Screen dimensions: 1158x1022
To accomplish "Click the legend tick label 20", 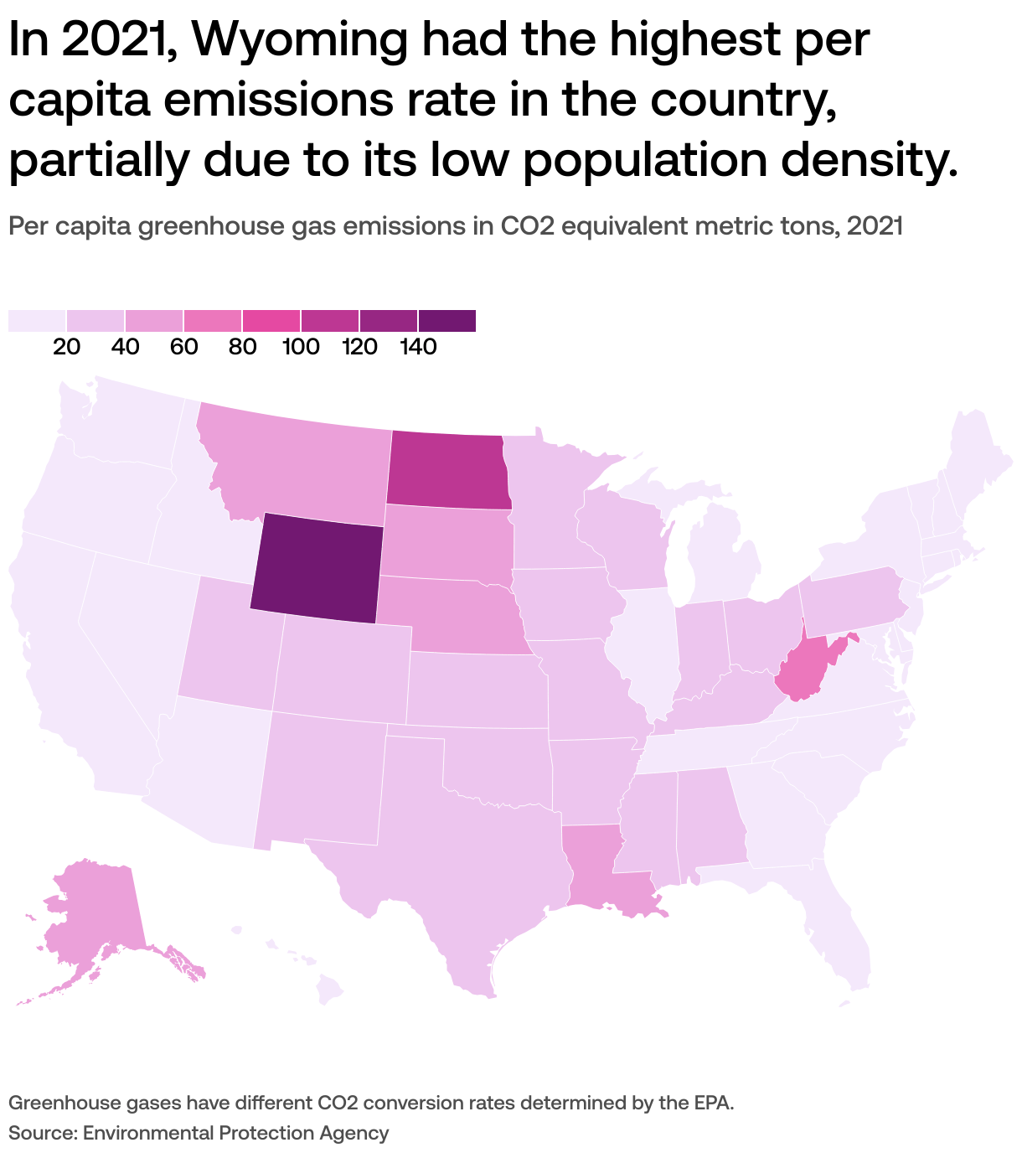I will click(x=66, y=347).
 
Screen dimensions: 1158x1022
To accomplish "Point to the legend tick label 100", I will click(x=301, y=347).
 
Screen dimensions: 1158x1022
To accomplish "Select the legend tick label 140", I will click(x=418, y=347).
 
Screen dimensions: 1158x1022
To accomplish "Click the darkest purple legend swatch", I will click(x=447, y=321).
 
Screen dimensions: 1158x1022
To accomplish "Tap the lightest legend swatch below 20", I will click(x=37, y=321).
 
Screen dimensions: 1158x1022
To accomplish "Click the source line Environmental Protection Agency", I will click(x=236, y=1133).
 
